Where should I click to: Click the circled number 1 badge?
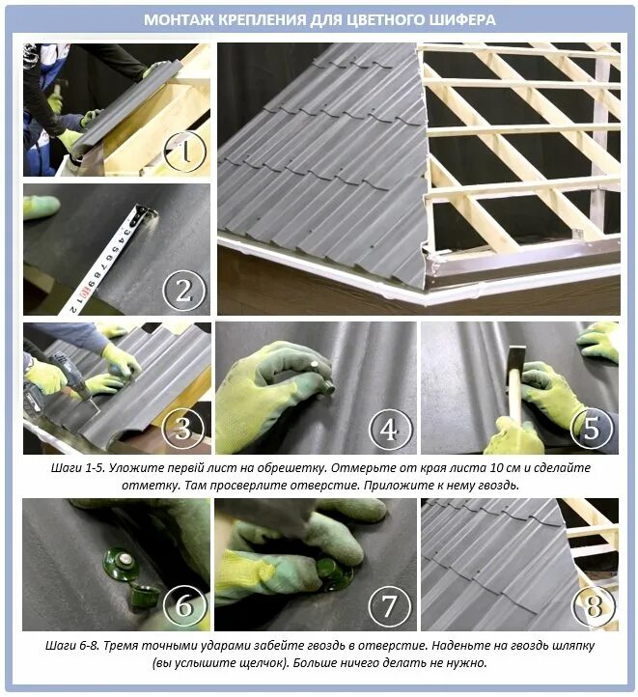185,151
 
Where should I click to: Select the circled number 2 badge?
184,292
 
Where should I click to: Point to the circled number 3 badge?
183,428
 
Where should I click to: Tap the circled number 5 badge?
592,428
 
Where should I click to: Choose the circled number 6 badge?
184,605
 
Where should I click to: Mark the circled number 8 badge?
594,605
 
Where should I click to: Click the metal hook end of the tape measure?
147,212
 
